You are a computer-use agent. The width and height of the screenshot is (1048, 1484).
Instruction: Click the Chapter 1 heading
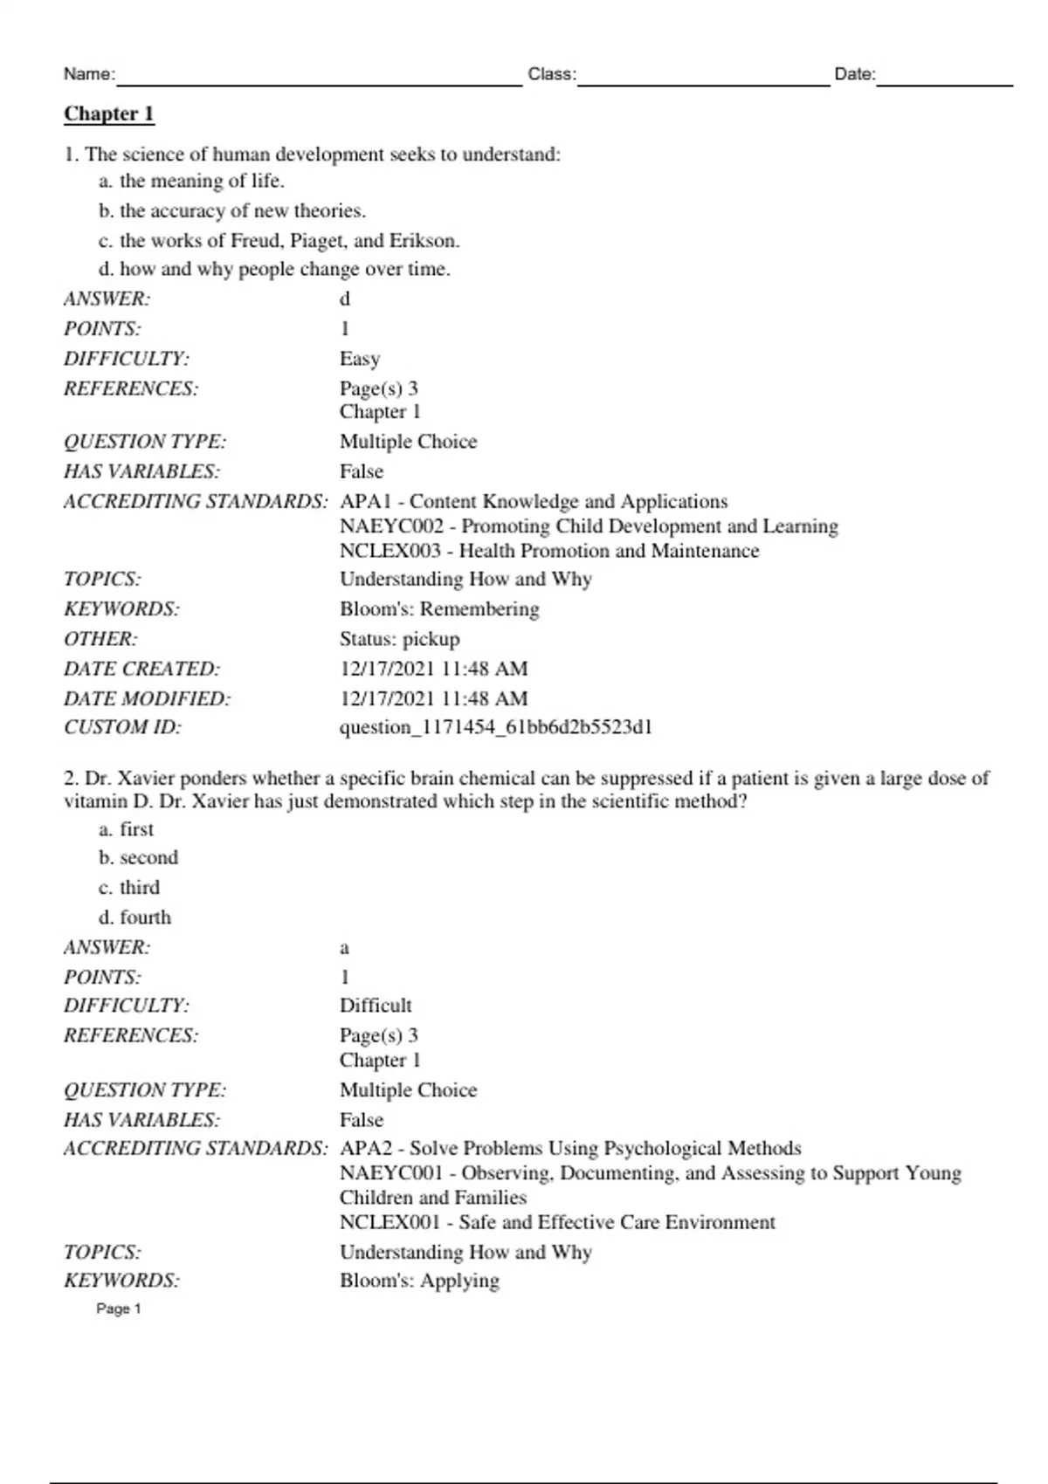(x=108, y=114)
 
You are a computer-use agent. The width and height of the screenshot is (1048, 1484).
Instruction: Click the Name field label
(x=88, y=74)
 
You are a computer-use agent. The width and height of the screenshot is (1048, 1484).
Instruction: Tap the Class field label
(x=551, y=74)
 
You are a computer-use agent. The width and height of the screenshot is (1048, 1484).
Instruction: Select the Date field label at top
(x=854, y=74)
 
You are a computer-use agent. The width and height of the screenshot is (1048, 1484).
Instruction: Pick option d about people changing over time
(x=274, y=269)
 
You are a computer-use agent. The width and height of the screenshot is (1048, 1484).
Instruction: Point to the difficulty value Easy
(x=359, y=359)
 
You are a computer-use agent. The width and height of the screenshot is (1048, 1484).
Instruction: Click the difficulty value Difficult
(x=375, y=1006)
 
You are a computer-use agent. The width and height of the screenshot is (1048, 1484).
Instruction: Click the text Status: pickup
(x=399, y=639)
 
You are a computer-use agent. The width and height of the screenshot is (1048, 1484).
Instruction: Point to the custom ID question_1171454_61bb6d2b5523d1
(x=495, y=727)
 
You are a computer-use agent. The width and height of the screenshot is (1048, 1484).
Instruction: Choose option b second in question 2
(x=139, y=858)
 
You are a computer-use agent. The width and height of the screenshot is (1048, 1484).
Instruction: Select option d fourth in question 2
(x=135, y=917)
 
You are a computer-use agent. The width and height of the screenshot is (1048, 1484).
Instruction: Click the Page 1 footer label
(x=118, y=1309)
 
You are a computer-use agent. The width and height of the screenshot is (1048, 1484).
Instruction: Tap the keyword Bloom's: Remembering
(x=438, y=609)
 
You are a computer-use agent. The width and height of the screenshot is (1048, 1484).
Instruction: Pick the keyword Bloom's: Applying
(x=419, y=1281)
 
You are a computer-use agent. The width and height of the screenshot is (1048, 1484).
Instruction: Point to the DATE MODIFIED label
(x=147, y=698)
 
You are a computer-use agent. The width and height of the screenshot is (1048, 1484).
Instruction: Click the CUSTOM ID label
(x=122, y=727)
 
